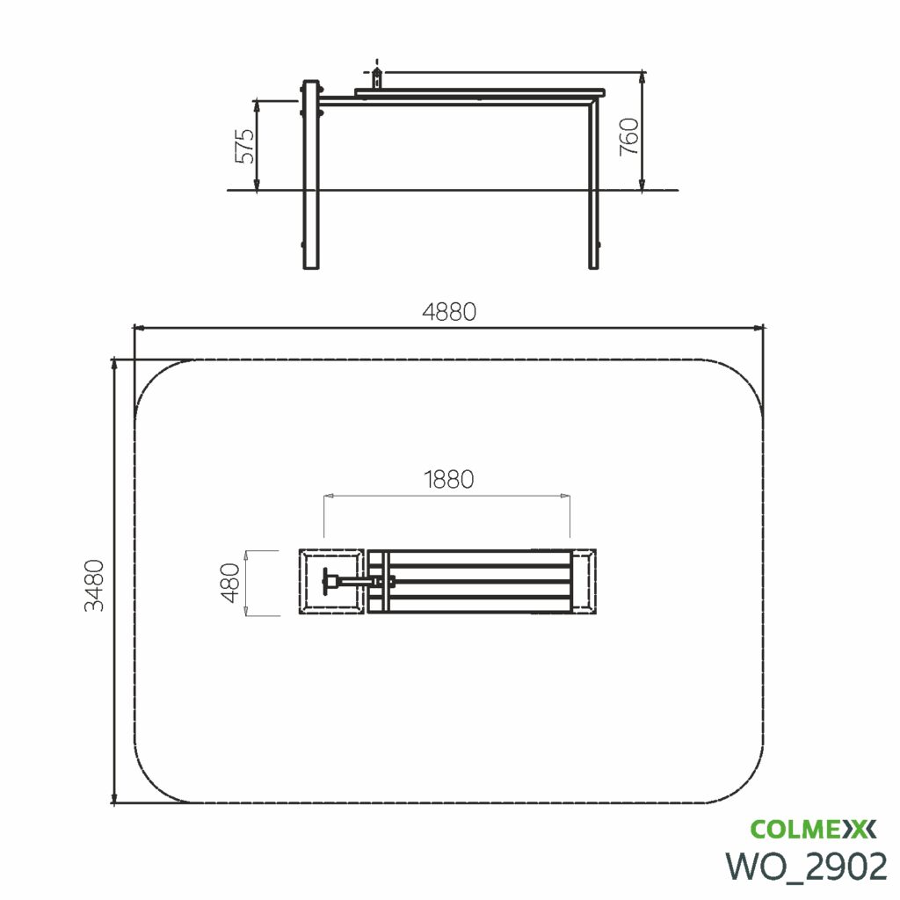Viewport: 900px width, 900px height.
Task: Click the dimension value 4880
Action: pos(449,312)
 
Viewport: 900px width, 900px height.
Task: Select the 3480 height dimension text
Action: pos(95,584)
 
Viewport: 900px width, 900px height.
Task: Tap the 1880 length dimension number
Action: pos(449,479)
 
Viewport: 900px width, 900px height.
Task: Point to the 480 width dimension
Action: pos(230,583)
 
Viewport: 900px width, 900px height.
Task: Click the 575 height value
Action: pos(245,146)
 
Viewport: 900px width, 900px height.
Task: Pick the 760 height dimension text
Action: pos(629,136)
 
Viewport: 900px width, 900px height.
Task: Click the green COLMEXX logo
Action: pos(813,829)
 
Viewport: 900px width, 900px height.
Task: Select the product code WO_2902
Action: pos(807,866)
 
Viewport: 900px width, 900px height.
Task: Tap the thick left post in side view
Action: pos(310,175)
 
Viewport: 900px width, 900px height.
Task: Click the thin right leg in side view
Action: pos(593,184)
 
